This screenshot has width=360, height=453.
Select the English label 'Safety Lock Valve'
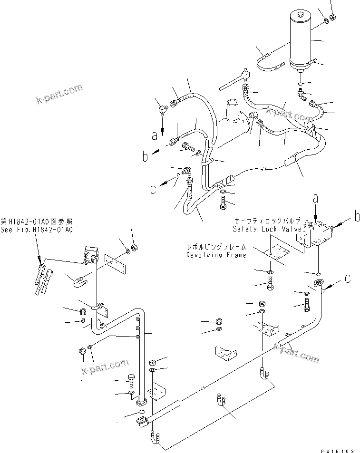(267, 229)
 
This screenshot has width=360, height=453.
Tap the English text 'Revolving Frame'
(216, 255)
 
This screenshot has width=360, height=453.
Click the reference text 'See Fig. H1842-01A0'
(37, 230)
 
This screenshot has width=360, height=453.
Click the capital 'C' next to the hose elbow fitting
(153, 189)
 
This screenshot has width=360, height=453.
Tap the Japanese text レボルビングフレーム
(216, 248)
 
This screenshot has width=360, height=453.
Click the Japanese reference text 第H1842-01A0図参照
(37, 222)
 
